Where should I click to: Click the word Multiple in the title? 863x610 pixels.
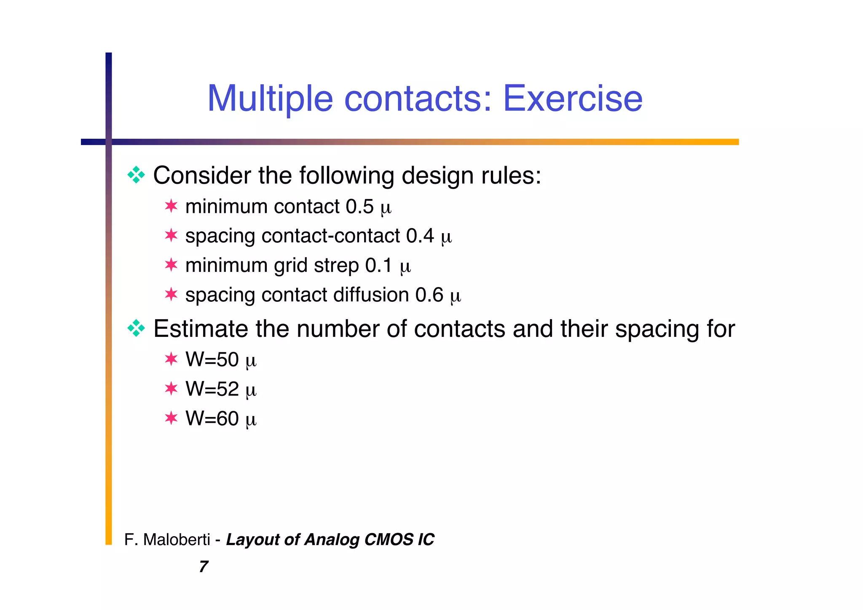coord(270,99)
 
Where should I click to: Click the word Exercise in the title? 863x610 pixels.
coord(573,99)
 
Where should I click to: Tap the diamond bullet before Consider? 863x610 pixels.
coord(136,175)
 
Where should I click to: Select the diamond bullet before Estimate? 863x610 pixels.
coord(136,328)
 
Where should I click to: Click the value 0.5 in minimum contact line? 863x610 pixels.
coord(359,207)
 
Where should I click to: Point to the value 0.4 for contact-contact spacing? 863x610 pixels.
coord(420,236)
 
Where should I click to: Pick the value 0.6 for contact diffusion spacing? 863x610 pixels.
coord(429,295)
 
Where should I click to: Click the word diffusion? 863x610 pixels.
coord(371,295)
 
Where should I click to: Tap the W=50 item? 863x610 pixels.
coord(212,360)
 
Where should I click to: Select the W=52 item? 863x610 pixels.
coord(212,389)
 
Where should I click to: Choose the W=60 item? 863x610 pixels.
coord(212,419)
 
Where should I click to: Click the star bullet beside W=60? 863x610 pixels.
coord(171,418)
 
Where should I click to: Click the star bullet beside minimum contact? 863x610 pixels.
coord(171,206)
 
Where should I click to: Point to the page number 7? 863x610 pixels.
coord(204,567)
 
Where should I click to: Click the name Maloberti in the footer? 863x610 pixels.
coord(177,540)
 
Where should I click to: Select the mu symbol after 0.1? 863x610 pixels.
coord(405,267)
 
